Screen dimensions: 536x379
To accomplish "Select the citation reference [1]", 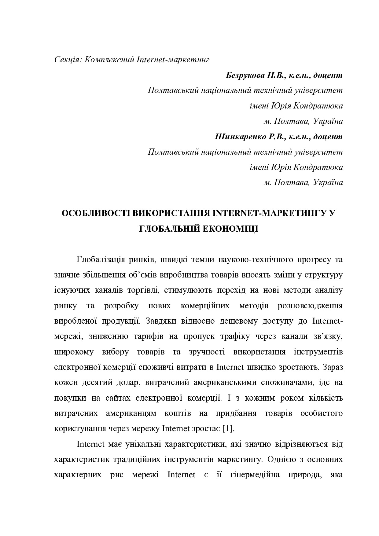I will (x=228, y=428).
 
